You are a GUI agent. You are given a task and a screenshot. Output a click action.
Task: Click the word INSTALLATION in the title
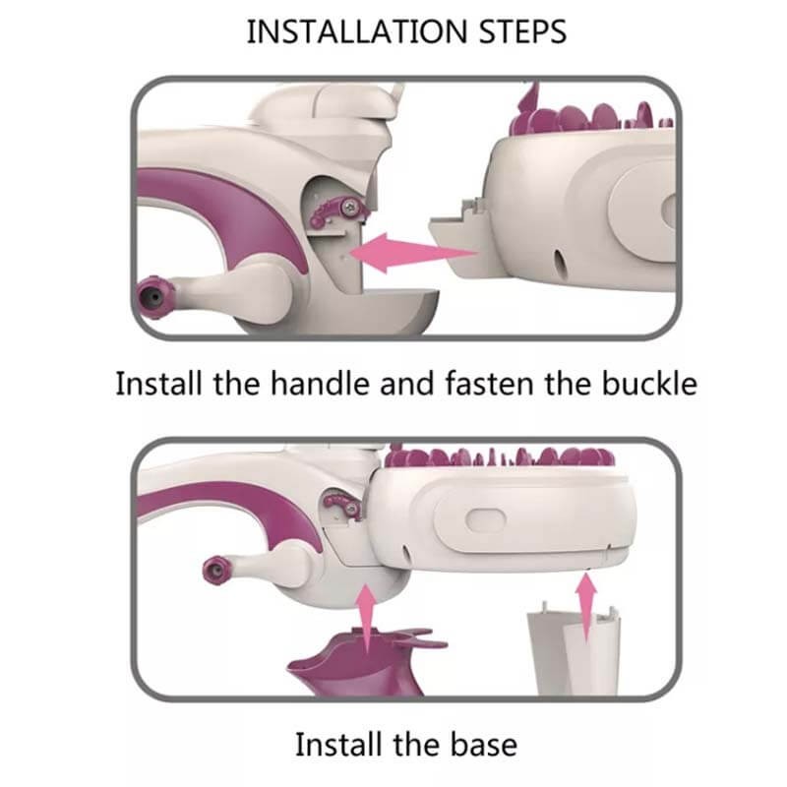point(357,32)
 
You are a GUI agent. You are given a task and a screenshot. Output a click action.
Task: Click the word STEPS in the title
point(523,32)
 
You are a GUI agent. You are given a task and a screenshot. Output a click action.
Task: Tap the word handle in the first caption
point(322,384)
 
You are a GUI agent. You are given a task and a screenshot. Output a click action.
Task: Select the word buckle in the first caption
point(649,384)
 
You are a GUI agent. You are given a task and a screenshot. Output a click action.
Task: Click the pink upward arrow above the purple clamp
point(367,618)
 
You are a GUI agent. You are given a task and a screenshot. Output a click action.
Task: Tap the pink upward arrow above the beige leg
point(585,607)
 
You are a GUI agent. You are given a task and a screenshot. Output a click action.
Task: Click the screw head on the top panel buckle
point(350,208)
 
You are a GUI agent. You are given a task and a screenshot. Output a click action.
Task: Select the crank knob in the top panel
point(154,297)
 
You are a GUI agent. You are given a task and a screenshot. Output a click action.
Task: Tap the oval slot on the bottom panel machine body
point(485,520)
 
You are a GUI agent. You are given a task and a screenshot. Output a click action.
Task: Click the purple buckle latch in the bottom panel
point(342,506)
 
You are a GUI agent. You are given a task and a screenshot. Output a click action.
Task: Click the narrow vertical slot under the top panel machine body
point(559,262)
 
